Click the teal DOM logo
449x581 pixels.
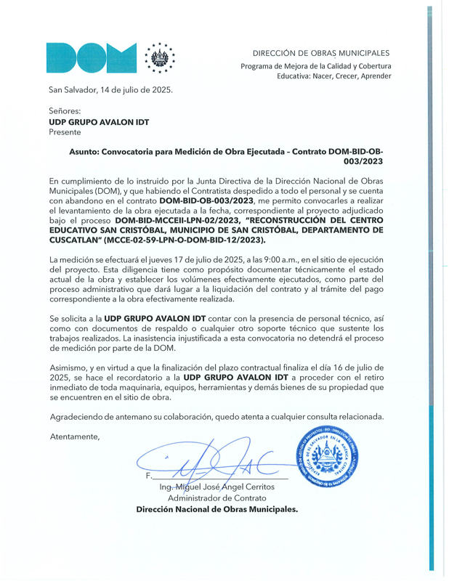(92, 57)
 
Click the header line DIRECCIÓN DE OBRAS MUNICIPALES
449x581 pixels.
(320, 53)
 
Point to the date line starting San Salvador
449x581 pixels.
(110, 91)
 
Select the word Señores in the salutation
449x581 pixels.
(65, 111)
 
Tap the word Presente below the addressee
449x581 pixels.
(65, 132)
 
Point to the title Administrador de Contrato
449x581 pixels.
(217, 498)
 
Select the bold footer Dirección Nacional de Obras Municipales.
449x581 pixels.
(217, 510)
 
